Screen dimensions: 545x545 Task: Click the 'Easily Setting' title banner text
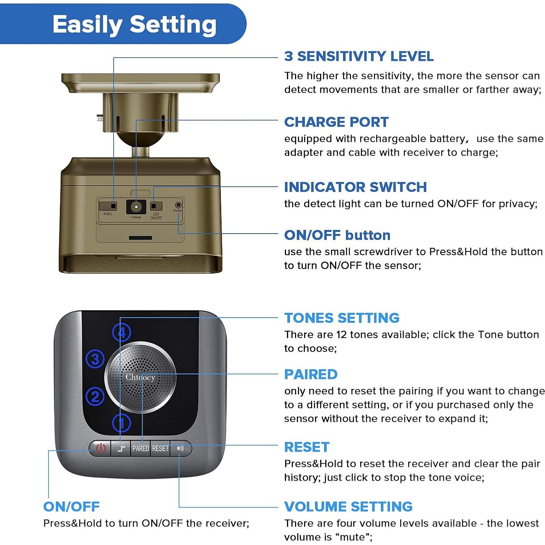point(135,25)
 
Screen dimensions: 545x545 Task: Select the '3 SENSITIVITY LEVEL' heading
point(359,56)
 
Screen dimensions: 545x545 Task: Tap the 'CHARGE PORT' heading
point(337,122)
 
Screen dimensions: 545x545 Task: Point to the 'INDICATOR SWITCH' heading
point(355,187)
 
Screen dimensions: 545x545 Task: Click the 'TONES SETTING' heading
point(342,318)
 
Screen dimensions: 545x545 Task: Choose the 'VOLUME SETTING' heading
point(349,506)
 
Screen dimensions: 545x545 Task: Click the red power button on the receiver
point(100,448)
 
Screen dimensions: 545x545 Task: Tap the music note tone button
point(121,448)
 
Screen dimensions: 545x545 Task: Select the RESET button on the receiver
point(160,448)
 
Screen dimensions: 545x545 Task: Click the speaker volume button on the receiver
point(180,448)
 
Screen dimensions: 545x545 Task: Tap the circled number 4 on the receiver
point(122,332)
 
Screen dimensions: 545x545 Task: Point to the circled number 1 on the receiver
point(122,423)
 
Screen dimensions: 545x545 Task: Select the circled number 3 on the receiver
point(95,359)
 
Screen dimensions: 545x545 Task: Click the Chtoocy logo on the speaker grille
point(140,377)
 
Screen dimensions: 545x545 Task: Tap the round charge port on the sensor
point(136,207)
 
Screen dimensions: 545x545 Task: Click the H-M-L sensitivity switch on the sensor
point(108,206)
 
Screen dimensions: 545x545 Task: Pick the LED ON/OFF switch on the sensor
point(156,206)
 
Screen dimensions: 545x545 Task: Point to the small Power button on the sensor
point(178,205)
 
